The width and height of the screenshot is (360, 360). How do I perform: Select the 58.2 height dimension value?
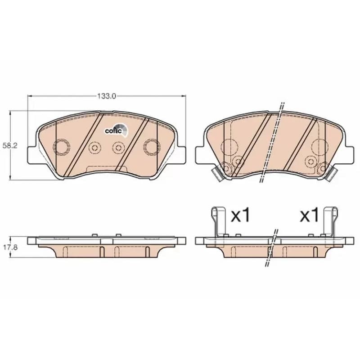[x=10, y=145]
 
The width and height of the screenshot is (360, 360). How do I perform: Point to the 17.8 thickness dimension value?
[x=10, y=247]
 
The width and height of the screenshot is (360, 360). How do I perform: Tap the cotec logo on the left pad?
[x=116, y=130]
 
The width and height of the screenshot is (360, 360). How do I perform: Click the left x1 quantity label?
[x=240, y=215]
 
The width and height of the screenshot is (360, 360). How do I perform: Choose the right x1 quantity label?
[x=310, y=215]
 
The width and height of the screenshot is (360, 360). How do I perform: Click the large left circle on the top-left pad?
[x=62, y=147]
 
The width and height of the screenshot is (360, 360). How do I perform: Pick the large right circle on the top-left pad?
[x=152, y=147]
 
